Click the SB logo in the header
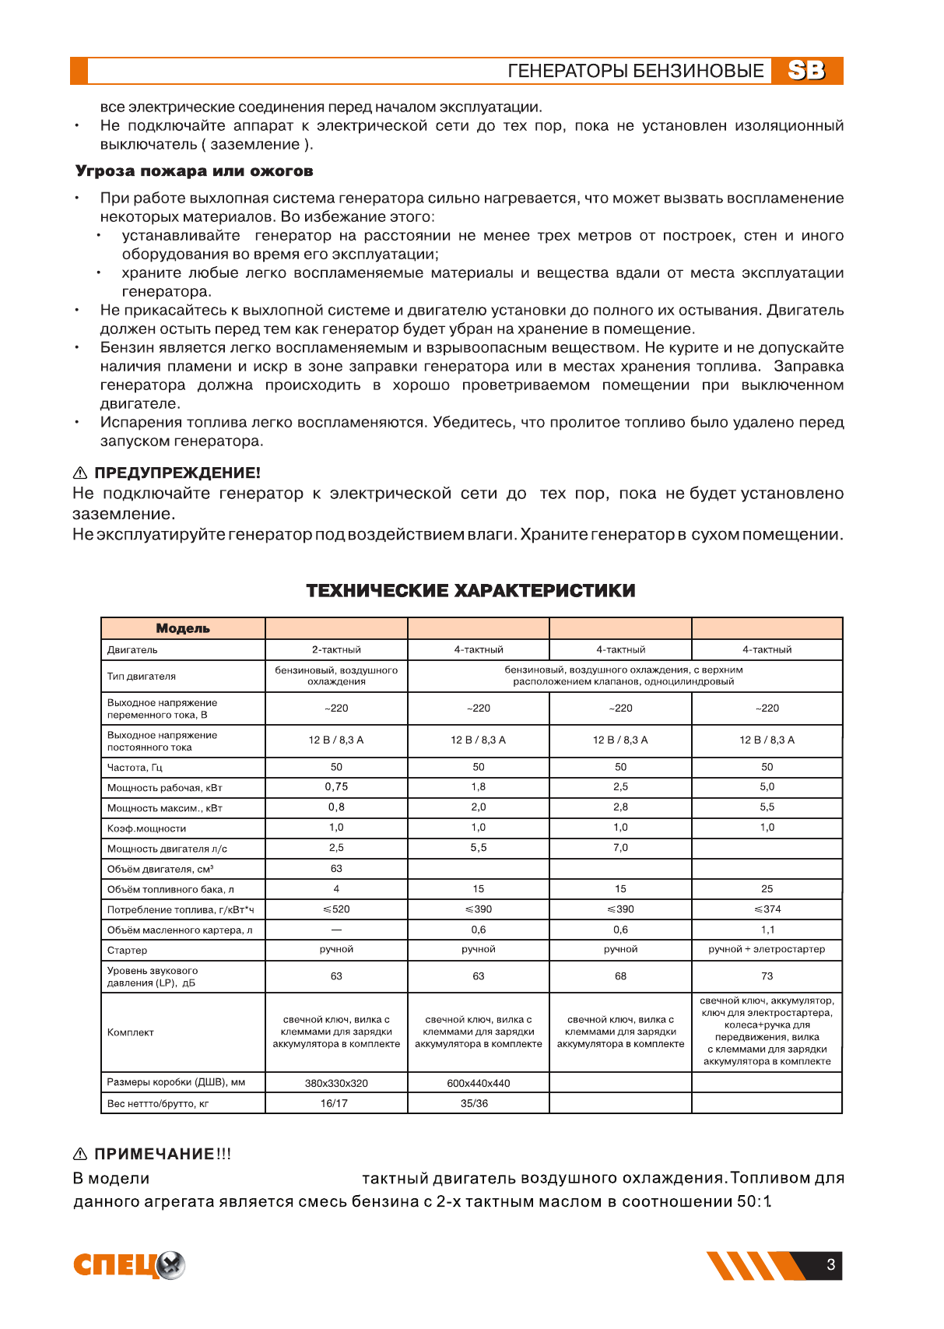click(806, 71)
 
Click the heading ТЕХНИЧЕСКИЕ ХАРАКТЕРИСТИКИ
click(471, 591)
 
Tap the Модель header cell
click(183, 628)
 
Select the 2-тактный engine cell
click(336, 650)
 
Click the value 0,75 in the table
click(336, 787)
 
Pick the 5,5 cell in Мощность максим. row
click(767, 807)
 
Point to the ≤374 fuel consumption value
click(767, 909)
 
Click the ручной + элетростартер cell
click(767, 950)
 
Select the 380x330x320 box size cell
click(336, 1084)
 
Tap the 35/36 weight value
click(474, 1104)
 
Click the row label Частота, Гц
click(135, 768)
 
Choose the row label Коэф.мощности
click(146, 828)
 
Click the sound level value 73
click(767, 976)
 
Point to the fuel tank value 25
click(767, 889)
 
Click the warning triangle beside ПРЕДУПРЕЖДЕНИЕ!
click(80, 473)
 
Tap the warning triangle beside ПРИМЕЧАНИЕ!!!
click(80, 1154)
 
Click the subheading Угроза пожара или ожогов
click(194, 171)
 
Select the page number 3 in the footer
click(830, 1265)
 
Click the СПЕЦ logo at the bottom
click(129, 1265)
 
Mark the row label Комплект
click(131, 1032)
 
